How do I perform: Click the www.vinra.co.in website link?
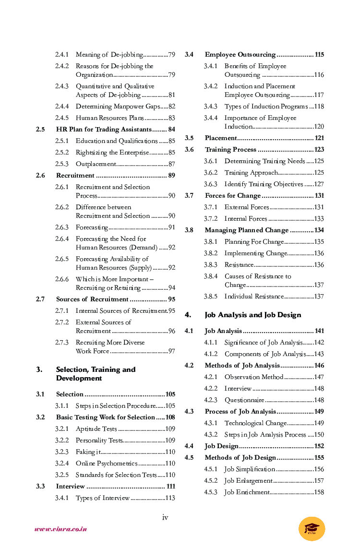pos(60,529)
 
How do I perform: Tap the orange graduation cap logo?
pos(312,529)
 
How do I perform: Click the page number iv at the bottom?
pos(165,517)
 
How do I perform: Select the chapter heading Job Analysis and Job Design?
pos(253,315)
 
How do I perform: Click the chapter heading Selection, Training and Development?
pos(96,374)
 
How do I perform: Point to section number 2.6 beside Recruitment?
pos(40,176)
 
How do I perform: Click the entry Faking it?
pos(88,452)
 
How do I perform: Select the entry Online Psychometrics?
pos(107,464)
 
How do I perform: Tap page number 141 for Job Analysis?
pos(319,331)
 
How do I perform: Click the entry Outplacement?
pos(96,164)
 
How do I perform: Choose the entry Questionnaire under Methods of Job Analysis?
pos(244,400)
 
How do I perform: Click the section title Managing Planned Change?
pos(247,230)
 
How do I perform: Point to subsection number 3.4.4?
pos(211,118)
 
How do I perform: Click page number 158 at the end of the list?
pos(319,492)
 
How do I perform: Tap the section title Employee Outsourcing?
pos(240,55)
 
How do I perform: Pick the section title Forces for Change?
pos(233,196)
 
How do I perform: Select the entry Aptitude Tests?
pos(96,429)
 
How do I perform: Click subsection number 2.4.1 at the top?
pos(62,55)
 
